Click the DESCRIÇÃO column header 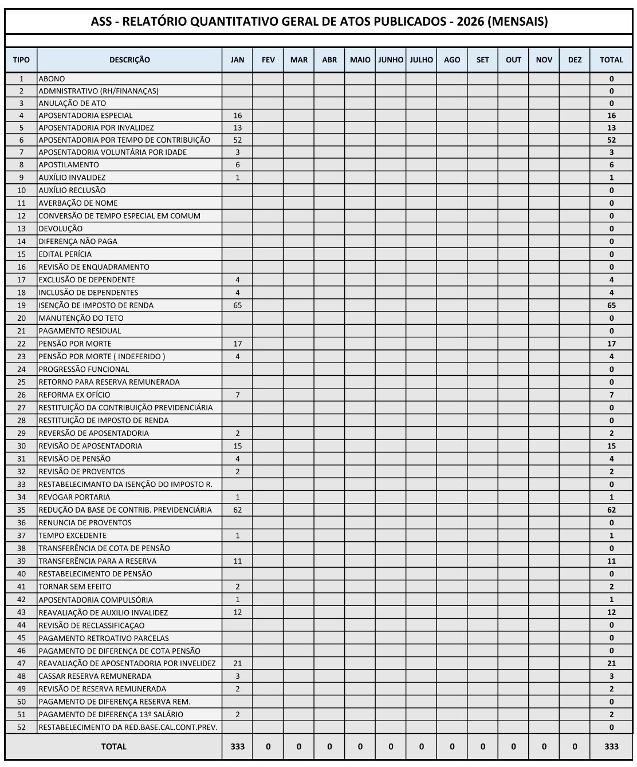(x=129, y=60)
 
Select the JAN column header (x=237, y=60)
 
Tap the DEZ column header (x=575, y=60)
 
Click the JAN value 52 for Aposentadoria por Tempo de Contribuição (x=237, y=140)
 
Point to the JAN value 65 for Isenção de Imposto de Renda (x=237, y=305)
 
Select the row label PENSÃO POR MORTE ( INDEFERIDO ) (x=101, y=356)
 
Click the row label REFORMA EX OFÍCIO (x=74, y=395)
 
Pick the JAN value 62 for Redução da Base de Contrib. (x=237, y=510)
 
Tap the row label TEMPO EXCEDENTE (x=72, y=536)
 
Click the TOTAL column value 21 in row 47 (x=611, y=663)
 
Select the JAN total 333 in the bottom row (x=237, y=746)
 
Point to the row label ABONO (x=52, y=78)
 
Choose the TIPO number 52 (x=22, y=727)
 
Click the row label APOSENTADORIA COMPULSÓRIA (x=96, y=600)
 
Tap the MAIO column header (x=360, y=60)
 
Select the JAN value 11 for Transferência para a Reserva (x=237, y=561)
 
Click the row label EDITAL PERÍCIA (x=65, y=254)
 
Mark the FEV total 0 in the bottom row (x=268, y=746)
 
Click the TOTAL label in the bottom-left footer (x=113, y=746)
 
